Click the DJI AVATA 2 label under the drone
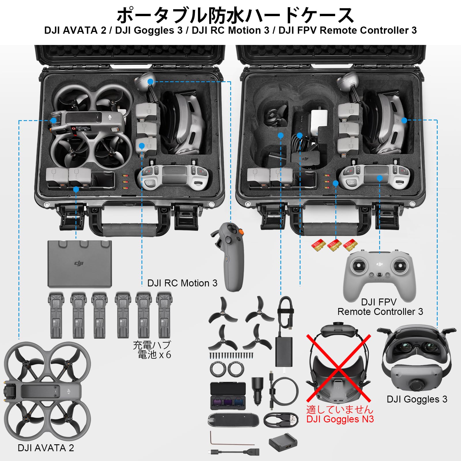pyautogui.click(x=46, y=448)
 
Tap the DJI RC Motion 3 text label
pyautogui.click(x=182, y=283)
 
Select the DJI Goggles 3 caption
pyautogui.click(x=417, y=399)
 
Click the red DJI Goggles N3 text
pyautogui.click(x=340, y=419)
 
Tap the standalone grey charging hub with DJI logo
pyautogui.click(x=80, y=264)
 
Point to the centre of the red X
pyautogui.click(x=339, y=368)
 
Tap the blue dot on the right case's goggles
pyautogui.click(x=404, y=120)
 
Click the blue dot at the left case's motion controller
pyautogui.click(x=150, y=82)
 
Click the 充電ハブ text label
pyautogui.click(x=152, y=345)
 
